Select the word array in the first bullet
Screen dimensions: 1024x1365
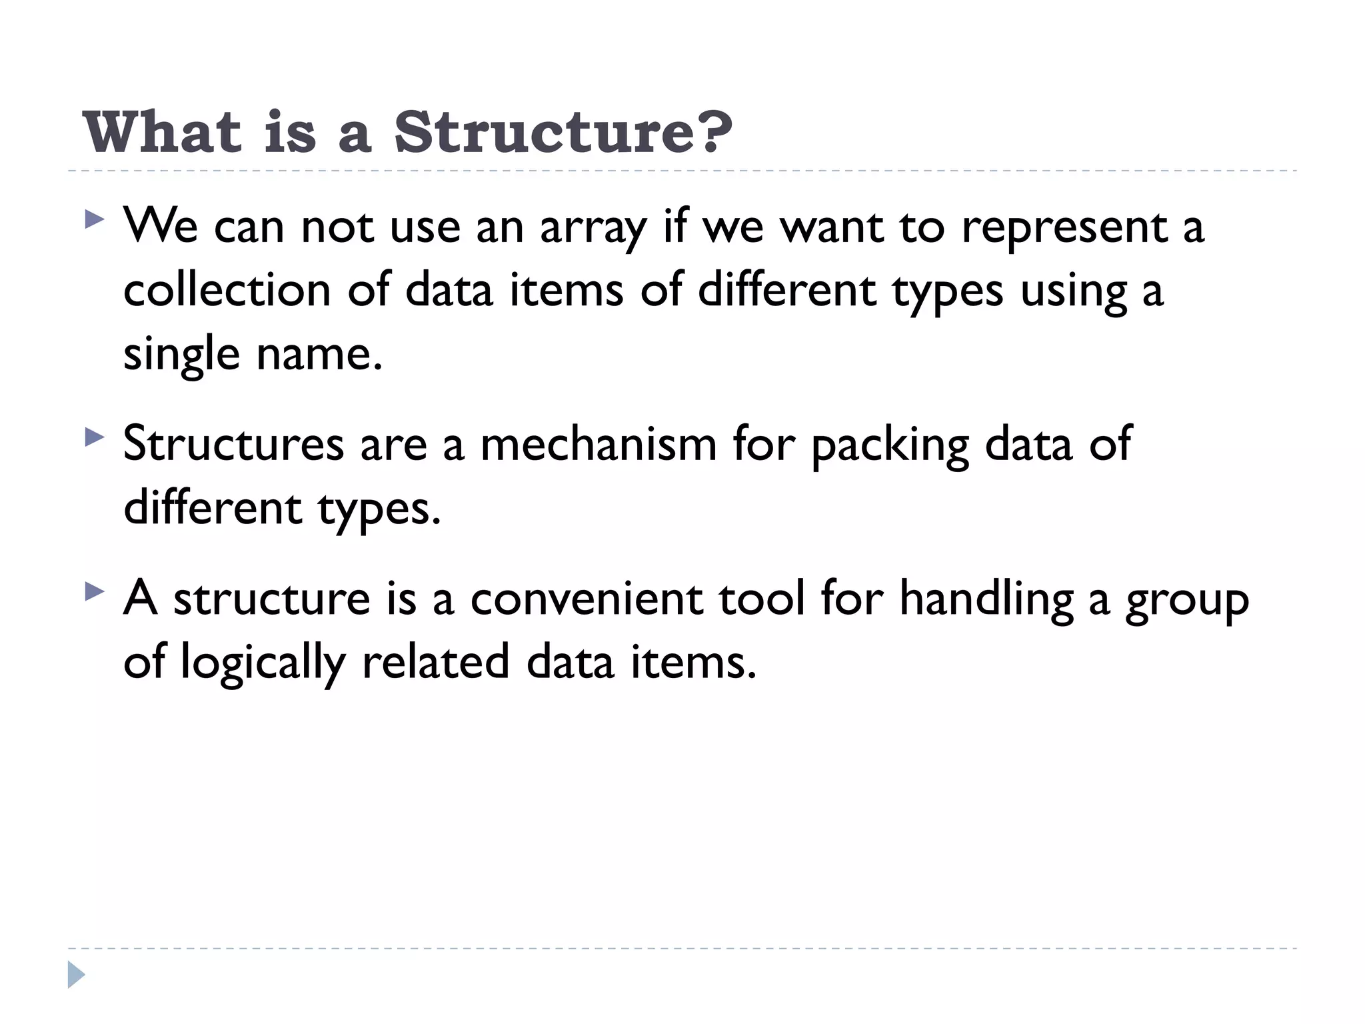tap(593, 228)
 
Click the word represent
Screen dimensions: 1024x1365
tap(1064, 228)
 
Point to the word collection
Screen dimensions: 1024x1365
tap(227, 291)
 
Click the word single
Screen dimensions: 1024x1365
tap(181, 355)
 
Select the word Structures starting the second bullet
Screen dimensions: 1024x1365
tap(233, 444)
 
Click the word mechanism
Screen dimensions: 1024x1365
tap(598, 444)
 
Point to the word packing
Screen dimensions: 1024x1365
tap(890, 445)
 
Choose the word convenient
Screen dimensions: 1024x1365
tap(586, 599)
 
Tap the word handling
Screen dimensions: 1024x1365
tap(986, 599)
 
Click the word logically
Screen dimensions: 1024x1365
tap(263, 663)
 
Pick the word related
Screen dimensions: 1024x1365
tap(435, 661)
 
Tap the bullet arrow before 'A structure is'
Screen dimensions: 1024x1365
tap(95, 591)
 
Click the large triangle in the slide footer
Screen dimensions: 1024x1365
tap(76, 975)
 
